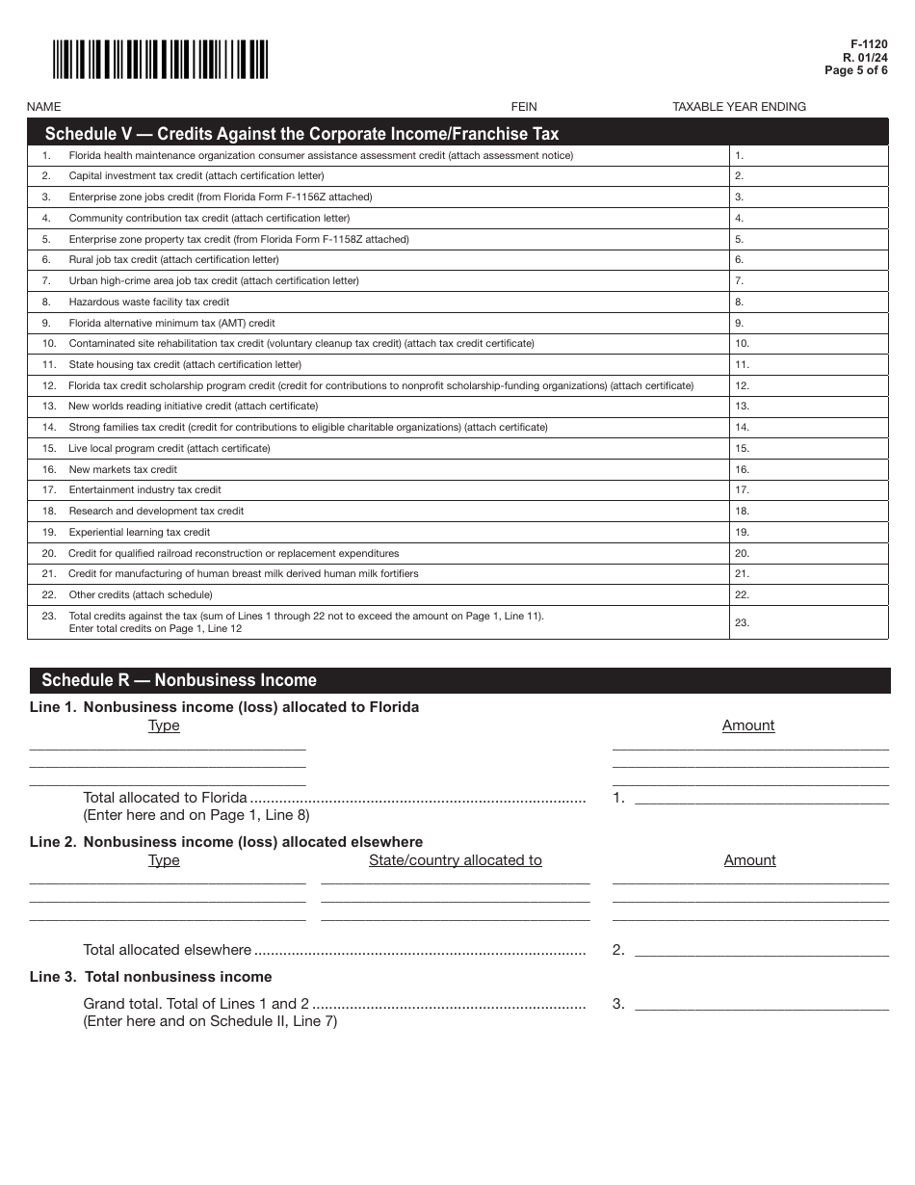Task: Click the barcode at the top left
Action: click(x=160, y=60)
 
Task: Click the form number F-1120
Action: click(x=869, y=44)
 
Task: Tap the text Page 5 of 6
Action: click(x=856, y=70)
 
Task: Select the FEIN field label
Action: click(x=524, y=107)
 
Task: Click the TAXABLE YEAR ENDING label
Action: click(x=739, y=107)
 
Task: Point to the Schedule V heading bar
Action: click(x=457, y=133)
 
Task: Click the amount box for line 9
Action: click(x=808, y=324)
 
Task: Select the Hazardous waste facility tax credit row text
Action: click(x=148, y=303)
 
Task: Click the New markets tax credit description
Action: click(x=122, y=470)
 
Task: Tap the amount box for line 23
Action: click(x=808, y=622)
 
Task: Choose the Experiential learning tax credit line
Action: click(x=139, y=533)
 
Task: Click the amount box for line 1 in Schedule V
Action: click(x=808, y=156)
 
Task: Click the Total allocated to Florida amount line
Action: click(x=761, y=798)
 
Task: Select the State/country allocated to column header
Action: click(x=455, y=860)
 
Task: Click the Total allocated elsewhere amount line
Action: click(x=761, y=950)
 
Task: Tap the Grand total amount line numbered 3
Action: click(x=761, y=1004)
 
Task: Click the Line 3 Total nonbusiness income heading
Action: click(x=151, y=977)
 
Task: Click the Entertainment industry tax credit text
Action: click(x=144, y=490)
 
